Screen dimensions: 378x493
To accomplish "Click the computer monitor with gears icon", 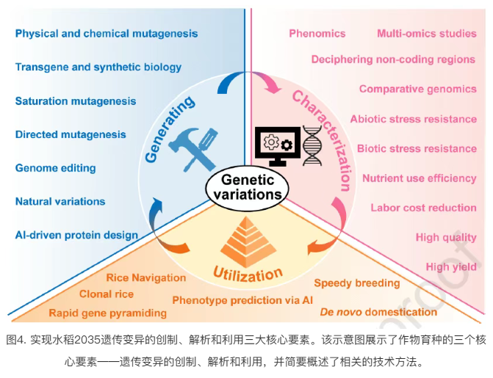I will tap(276, 145).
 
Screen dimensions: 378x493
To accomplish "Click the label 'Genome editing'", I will tap(56, 168).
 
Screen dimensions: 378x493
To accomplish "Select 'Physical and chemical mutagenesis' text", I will tap(106, 34).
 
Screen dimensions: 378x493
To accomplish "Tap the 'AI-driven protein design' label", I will tap(76, 235).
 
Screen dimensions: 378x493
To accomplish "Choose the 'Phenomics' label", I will tap(317, 34).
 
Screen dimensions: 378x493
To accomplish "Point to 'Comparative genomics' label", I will tap(417, 89).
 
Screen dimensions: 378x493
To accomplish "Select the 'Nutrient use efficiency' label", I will tap(419, 178).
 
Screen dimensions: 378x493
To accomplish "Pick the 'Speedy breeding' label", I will tap(357, 283).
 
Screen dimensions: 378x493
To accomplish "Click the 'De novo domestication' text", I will tap(378, 312).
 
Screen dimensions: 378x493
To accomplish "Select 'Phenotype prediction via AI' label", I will tap(242, 300).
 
